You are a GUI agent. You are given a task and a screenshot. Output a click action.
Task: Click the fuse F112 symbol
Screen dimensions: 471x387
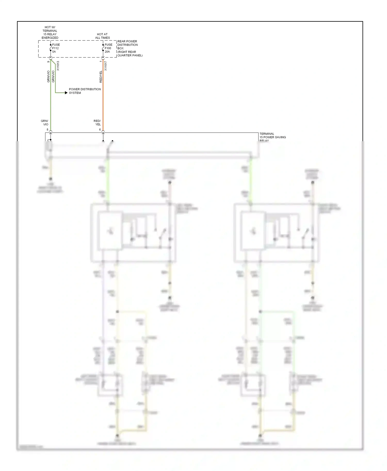[x=51, y=48]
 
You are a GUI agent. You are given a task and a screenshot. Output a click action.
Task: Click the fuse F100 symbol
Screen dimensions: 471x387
[x=103, y=48]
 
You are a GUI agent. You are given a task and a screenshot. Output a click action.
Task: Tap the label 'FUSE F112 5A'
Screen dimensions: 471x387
[x=56, y=48]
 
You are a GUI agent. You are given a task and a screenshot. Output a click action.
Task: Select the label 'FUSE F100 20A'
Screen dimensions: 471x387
[x=108, y=48]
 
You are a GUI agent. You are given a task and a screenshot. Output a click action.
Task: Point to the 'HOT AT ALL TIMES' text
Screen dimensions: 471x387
[x=102, y=36]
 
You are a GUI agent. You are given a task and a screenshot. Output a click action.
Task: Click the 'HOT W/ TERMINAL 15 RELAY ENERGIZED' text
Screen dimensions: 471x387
[x=50, y=32]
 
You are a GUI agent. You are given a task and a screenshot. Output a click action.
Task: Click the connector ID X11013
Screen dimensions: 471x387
[x=58, y=66]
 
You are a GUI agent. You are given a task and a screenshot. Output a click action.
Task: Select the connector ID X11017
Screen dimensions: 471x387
[x=106, y=66]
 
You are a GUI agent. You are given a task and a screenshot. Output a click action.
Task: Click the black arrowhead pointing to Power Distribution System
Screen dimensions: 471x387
[x=66, y=92]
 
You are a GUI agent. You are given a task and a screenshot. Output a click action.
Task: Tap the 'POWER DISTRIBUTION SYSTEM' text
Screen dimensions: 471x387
[x=85, y=91]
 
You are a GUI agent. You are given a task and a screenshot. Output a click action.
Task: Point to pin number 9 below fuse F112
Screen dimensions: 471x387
[x=48, y=62]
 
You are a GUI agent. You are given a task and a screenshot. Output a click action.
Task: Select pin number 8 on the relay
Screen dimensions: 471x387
[x=47, y=130]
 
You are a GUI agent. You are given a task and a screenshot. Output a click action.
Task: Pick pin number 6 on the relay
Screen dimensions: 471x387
[x=100, y=130]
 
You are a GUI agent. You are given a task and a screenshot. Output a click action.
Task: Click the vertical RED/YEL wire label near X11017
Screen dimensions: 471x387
[x=101, y=77]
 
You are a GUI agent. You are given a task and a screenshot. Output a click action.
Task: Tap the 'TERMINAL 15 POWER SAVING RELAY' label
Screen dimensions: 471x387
[x=272, y=137]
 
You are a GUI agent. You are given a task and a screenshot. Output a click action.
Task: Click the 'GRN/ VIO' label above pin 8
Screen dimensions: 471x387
[x=45, y=123]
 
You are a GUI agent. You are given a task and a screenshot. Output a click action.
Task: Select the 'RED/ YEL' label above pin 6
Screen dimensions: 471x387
[x=97, y=123]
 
